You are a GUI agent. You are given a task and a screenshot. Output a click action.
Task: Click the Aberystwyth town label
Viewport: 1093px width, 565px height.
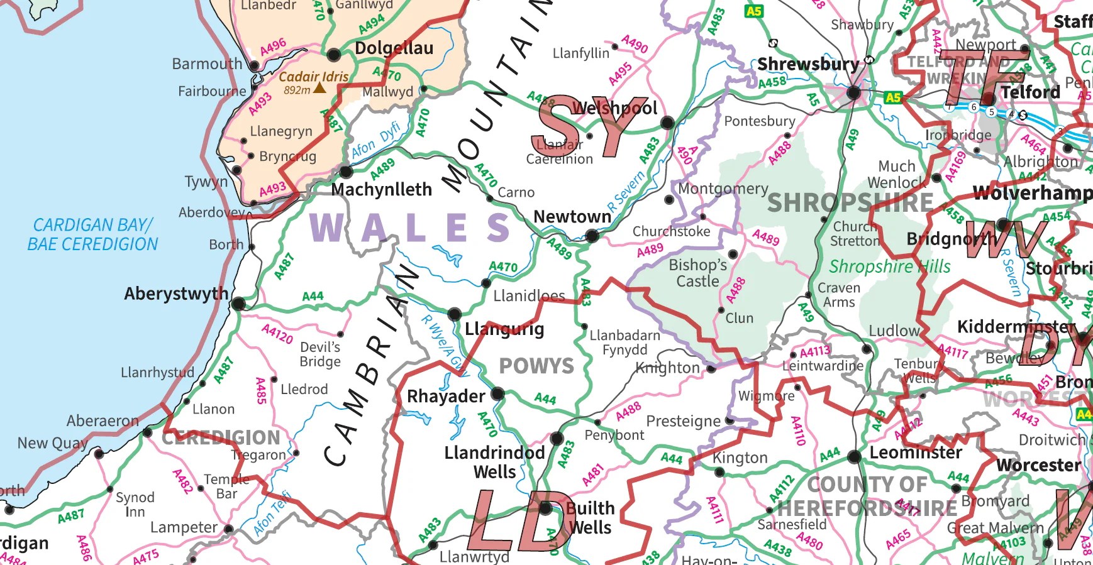(x=175, y=293)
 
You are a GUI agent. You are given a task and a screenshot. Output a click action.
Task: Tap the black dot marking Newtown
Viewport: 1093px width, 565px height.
(x=592, y=236)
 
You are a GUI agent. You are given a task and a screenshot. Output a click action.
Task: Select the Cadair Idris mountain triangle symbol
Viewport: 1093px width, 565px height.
(x=319, y=88)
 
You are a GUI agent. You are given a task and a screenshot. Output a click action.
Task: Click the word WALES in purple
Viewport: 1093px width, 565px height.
(x=410, y=228)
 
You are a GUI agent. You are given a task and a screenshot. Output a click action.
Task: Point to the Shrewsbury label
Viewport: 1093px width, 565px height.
(x=807, y=64)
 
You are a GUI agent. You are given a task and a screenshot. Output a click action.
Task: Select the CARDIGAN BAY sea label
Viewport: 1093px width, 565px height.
(x=92, y=234)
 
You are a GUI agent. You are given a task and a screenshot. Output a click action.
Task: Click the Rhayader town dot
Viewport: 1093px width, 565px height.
(x=497, y=394)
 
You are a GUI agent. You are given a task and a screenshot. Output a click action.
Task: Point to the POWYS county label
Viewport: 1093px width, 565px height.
(x=536, y=366)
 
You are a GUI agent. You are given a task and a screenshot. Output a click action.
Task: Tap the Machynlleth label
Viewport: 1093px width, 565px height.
(x=381, y=189)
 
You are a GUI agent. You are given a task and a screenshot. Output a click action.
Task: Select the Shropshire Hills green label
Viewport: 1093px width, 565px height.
(x=889, y=266)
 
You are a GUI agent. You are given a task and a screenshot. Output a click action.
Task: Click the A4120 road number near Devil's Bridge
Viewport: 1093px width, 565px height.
(x=277, y=334)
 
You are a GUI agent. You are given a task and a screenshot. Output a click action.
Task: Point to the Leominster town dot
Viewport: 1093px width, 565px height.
(x=853, y=457)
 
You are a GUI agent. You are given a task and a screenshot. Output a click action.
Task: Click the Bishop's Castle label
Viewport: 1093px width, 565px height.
(x=697, y=273)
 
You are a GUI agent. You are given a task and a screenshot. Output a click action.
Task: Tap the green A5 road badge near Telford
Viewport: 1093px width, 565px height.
(x=892, y=97)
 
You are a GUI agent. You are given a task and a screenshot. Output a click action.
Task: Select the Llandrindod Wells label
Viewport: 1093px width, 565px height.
(x=494, y=462)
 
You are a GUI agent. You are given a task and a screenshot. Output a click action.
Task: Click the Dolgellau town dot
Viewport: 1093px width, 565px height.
(x=334, y=54)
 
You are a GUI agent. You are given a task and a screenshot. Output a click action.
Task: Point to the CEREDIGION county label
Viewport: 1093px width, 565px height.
(x=221, y=437)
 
